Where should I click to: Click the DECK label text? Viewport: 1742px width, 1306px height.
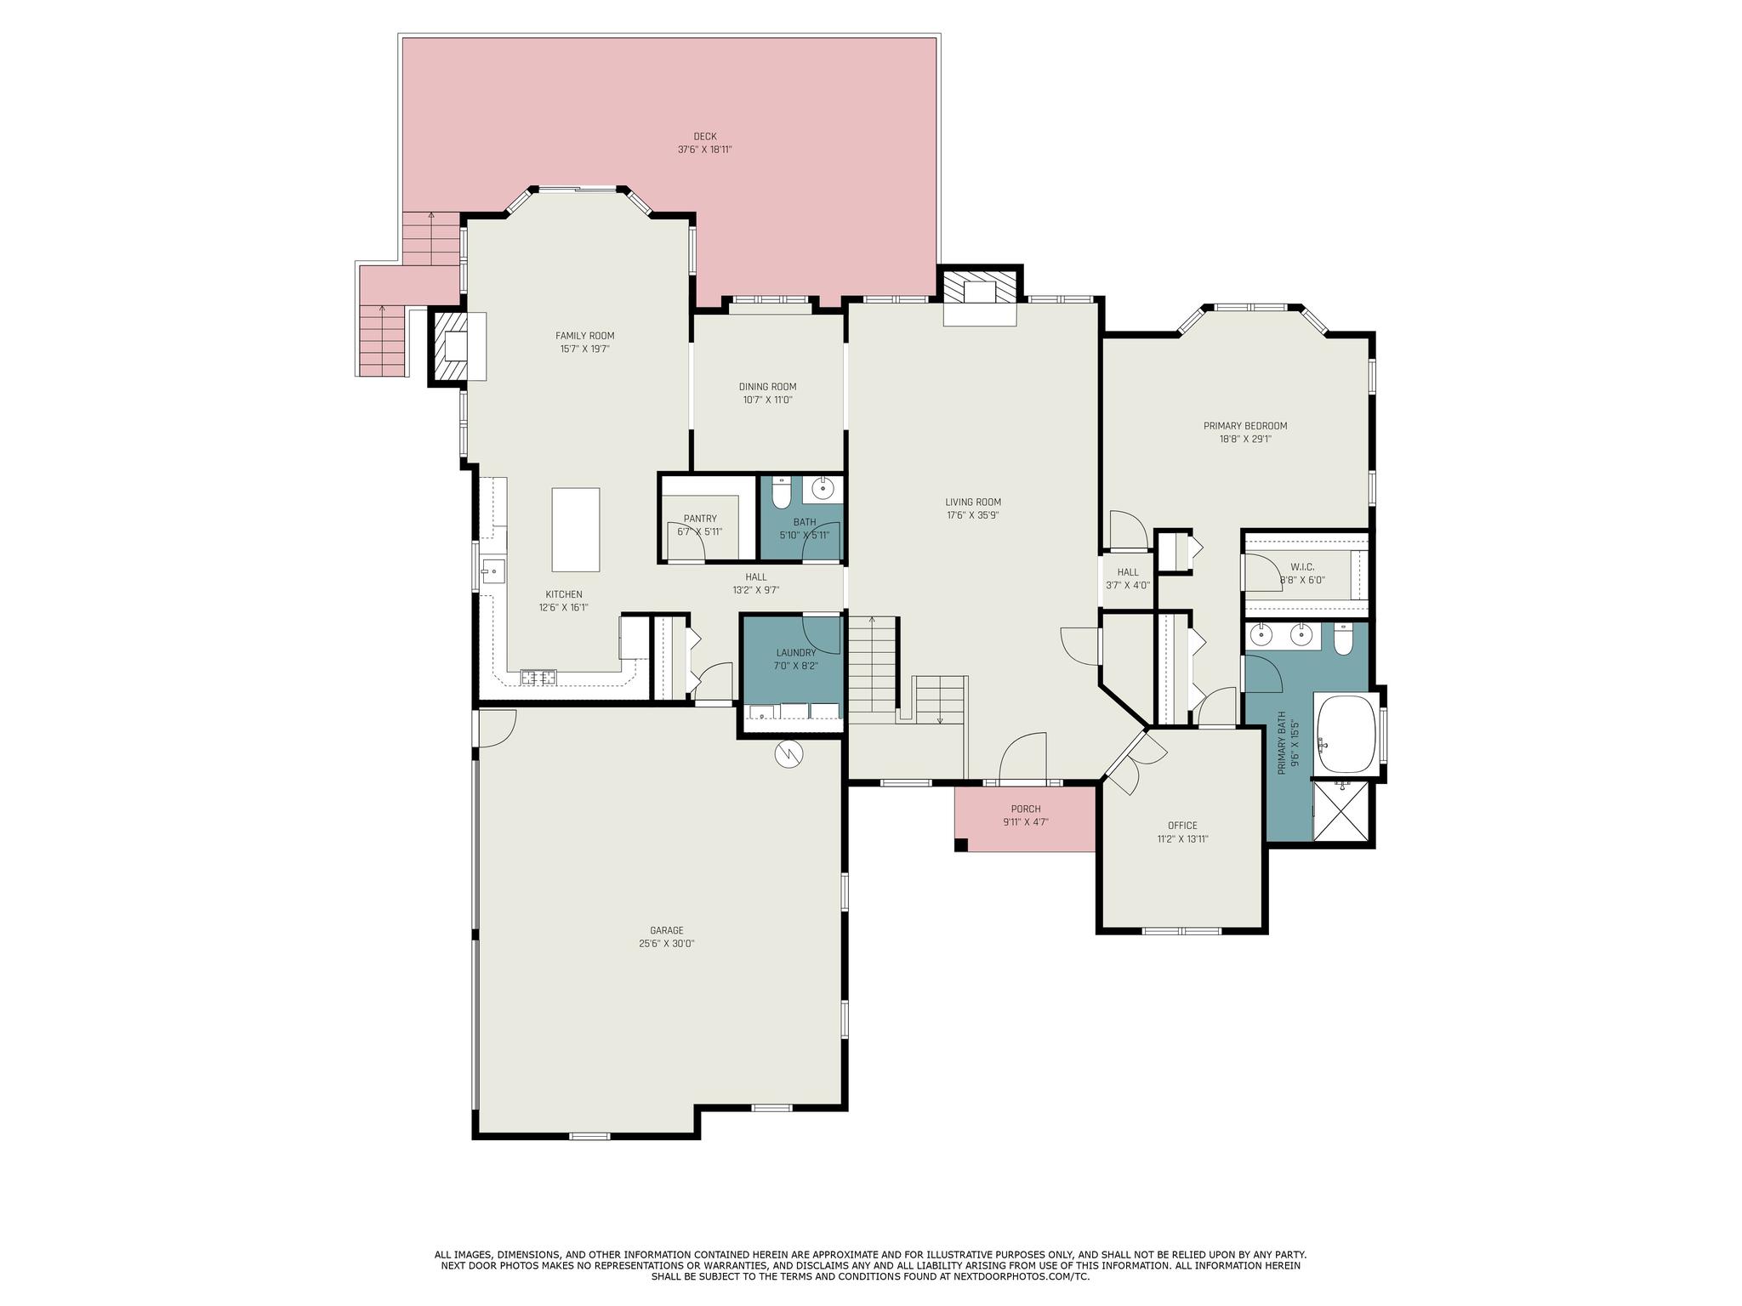pos(705,136)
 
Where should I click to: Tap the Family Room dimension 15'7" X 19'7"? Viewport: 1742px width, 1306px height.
pos(584,349)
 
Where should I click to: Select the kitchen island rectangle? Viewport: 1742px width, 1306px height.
pos(576,530)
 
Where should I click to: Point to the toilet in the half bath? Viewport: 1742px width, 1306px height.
pos(782,492)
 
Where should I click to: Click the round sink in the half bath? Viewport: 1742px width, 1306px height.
pos(823,490)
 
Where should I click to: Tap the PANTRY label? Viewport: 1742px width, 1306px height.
pos(700,519)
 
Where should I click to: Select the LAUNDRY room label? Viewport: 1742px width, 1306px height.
pos(796,653)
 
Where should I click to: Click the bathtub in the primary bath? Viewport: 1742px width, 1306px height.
pos(1346,733)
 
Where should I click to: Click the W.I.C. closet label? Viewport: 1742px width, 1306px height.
pos(1302,567)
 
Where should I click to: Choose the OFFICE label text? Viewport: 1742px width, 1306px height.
pos(1182,826)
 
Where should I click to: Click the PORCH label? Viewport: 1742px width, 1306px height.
pos(1026,809)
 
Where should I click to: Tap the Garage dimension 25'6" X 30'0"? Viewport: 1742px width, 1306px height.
pos(667,944)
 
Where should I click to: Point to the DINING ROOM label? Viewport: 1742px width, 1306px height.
pos(767,387)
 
